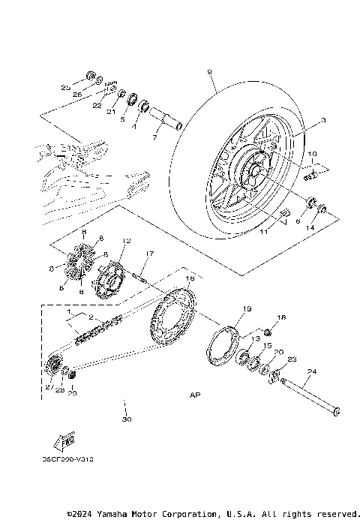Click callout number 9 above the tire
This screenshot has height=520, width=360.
coord(209,71)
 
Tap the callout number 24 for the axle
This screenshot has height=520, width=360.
coord(312,371)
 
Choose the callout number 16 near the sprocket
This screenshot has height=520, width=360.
coord(190,278)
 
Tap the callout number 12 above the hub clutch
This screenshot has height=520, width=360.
coord(127,242)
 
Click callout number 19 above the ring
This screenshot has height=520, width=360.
coord(226,308)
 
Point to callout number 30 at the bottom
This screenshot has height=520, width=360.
coord(126,419)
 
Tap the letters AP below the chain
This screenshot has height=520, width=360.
coord(196,394)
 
